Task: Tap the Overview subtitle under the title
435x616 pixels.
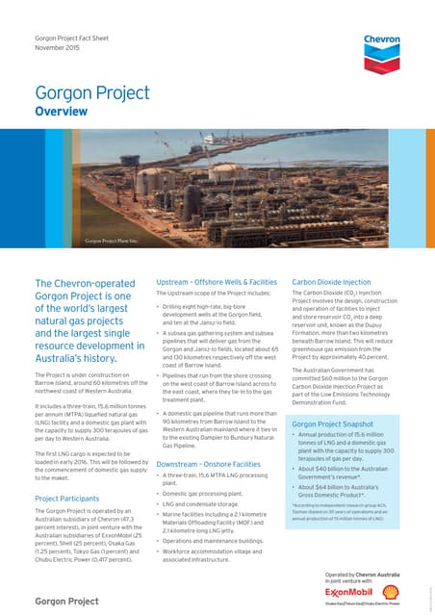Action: click(62, 113)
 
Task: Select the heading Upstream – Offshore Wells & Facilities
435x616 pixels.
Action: click(208, 283)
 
